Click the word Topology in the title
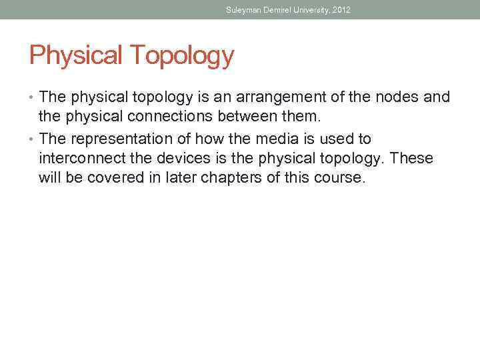183,56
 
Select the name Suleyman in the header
242,10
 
